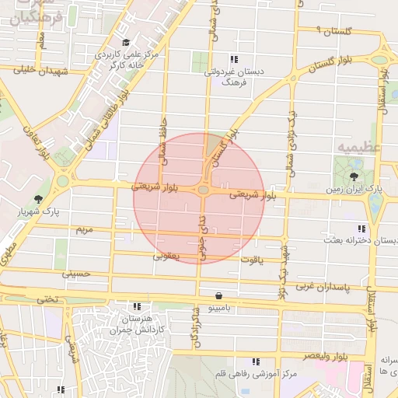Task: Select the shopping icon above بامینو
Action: coord(218,296)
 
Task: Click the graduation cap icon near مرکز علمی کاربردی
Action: coord(126,43)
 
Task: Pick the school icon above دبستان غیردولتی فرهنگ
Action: coord(233,60)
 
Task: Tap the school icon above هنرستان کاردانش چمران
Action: coord(138,307)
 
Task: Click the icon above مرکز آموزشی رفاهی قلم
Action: coord(256,361)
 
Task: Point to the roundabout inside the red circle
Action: coord(203,190)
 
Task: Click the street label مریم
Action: coord(84,230)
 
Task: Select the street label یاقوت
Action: coord(253,259)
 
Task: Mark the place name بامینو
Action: coord(218,309)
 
